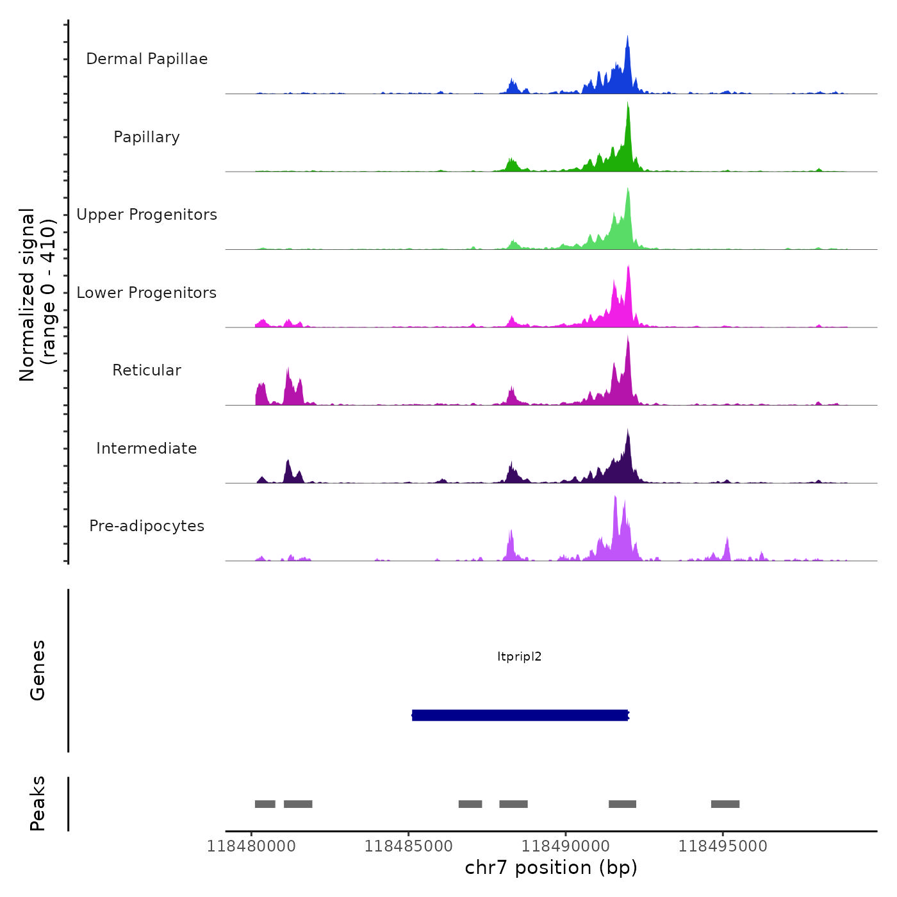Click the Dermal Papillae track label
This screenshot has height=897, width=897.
(x=147, y=59)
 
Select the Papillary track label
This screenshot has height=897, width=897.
(x=147, y=137)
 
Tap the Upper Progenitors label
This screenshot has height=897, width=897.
(x=147, y=215)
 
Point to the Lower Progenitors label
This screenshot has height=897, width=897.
(x=147, y=293)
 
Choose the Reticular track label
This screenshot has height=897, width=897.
(x=147, y=370)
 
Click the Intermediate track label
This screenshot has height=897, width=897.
(x=147, y=448)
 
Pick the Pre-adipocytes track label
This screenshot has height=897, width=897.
(x=147, y=526)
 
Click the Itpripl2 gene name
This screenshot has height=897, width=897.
(x=520, y=656)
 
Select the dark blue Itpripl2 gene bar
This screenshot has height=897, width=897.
(x=520, y=715)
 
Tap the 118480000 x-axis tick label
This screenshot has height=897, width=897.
(x=251, y=846)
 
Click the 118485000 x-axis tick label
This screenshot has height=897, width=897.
(x=409, y=846)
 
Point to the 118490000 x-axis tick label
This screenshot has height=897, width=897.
(x=566, y=846)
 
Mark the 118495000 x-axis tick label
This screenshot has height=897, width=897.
(x=723, y=846)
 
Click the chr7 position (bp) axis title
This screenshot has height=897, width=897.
(x=551, y=868)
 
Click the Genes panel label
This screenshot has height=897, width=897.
(x=38, y=670)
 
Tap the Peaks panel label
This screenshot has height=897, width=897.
(x=38, y=803)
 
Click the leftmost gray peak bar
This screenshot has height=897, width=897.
(x=265, y=804)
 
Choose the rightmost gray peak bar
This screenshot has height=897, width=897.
(x=725, y=804)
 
